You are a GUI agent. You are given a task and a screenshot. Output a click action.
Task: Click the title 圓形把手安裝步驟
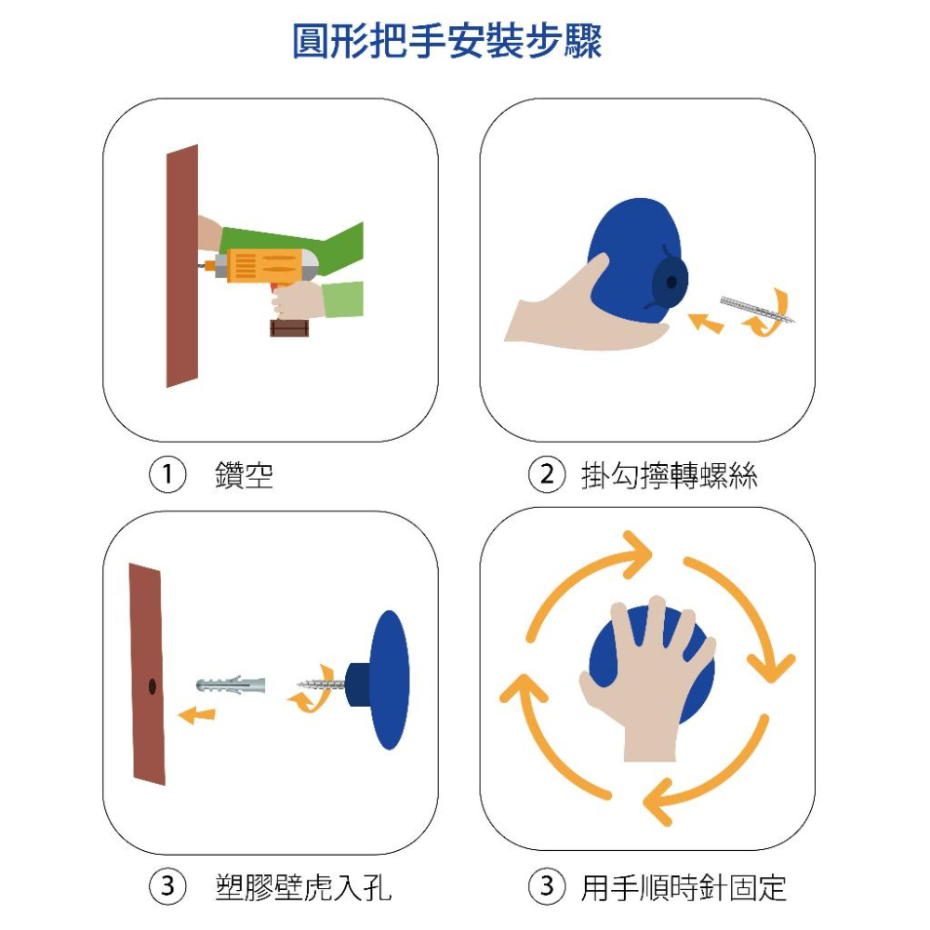point(446,42)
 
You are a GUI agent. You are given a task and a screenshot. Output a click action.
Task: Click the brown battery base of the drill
point(288,327)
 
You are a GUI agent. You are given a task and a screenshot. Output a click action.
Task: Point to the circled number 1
point(166,475)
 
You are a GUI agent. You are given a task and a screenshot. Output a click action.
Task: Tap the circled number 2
point(547,475)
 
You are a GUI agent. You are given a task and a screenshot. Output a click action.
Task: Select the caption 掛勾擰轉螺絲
point(669,476)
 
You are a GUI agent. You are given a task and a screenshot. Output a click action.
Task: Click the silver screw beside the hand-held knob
point(758,309)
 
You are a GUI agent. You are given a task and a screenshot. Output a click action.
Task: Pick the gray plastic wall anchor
point(232,685)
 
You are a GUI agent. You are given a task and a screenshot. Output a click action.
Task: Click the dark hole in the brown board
point(151,686)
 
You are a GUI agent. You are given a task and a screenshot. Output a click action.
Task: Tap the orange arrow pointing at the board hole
point(196,714)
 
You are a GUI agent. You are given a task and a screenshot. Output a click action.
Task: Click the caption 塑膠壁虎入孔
point(303,887)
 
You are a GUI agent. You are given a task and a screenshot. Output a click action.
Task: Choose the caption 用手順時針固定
point(684,887)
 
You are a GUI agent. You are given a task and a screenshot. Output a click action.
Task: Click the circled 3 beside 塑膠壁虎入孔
point(167,886)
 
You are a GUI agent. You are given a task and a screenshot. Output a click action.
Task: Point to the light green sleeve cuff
point(342,299)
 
